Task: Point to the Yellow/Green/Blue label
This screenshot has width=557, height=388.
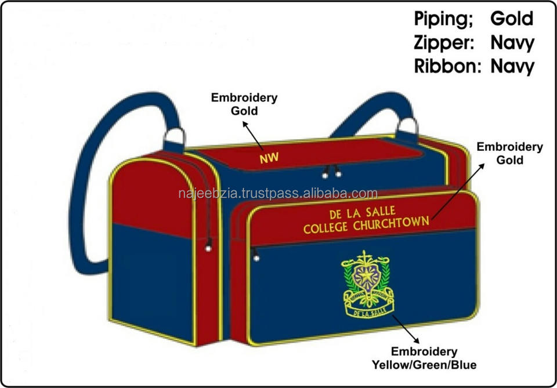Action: pyautogui.click(x=424, y=365)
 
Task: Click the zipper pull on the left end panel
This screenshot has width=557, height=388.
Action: pyautogui.click(x=207, y=246)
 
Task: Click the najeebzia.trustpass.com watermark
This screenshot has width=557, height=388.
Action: pyautogui.click(x=278, y=194)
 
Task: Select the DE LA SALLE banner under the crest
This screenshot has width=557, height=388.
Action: pyautogui.click(x=369, y=311)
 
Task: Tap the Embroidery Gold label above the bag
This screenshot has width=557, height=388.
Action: pyautogui.click(x=244, y=103)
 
